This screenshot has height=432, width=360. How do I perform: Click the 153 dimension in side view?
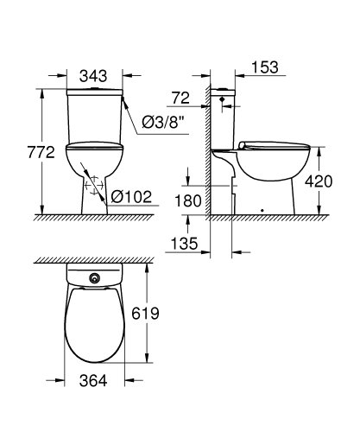266,67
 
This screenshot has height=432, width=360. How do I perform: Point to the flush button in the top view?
92,279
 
